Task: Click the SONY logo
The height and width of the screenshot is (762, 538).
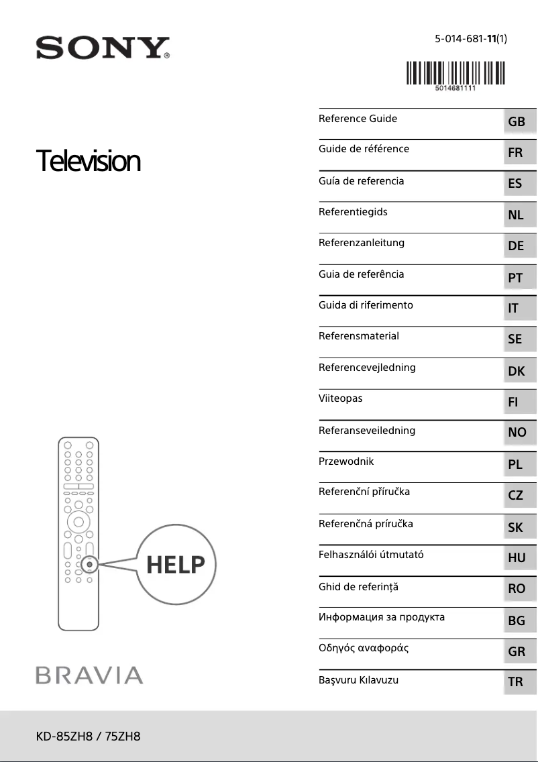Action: coord(102,48)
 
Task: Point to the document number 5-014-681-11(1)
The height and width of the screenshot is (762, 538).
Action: coord(470,39)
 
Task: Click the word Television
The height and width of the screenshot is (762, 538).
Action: coord(88,161)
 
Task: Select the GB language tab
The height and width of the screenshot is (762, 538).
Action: coord(517,122)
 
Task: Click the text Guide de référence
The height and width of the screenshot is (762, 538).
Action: coord(364,149)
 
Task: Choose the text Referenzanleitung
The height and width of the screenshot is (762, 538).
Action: coord(362,243)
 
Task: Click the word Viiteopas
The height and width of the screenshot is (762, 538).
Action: coord(340,398)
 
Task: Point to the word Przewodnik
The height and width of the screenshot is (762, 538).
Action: coord(346,461)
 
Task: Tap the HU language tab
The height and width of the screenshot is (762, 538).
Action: coord(517,557)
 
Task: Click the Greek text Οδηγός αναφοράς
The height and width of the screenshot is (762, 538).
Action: coord(364,648)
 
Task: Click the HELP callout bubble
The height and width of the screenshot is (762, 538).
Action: coord(176,565)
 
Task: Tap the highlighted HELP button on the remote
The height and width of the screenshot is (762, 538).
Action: coord(89,564)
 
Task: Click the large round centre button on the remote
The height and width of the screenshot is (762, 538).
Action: coord(78,521)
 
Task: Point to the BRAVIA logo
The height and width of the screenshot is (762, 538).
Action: coord(89,675)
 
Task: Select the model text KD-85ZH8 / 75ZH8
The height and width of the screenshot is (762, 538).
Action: coord(88,737)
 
